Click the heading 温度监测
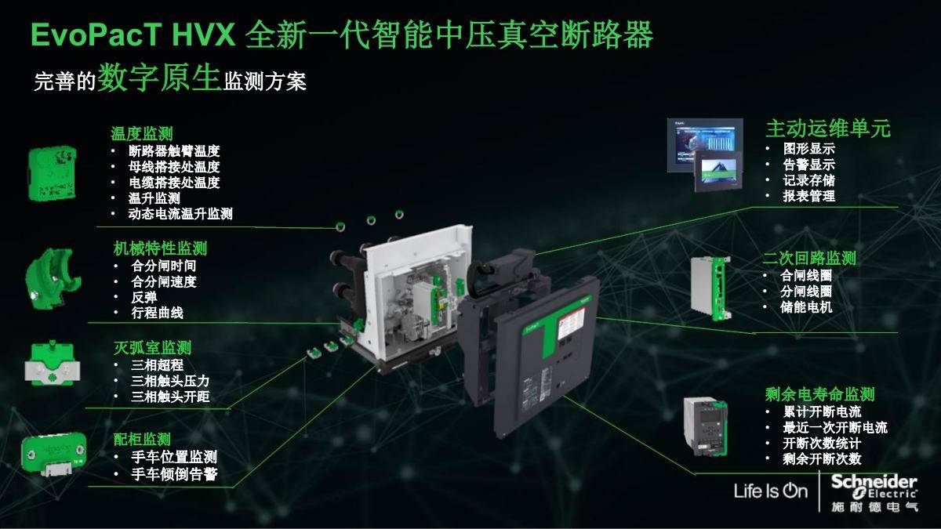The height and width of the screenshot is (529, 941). [x=141, y=133]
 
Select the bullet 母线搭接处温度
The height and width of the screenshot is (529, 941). [x=174, y=167]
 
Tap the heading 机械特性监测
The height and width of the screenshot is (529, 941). [x=160, y=248]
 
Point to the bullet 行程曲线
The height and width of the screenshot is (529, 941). [x=157, y=313]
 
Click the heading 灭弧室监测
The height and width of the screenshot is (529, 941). [x=152, y=347]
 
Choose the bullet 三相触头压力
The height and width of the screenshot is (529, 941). [x=170, y=381]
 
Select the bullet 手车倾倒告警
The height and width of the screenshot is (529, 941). [x=174, y=474]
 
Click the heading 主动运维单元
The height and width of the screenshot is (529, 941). [x=827, y=129]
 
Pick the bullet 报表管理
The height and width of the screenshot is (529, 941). [x=808, y=197]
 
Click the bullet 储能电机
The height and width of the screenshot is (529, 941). [x=806, y=307]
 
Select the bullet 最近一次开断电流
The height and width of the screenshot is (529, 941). [x=835, y=428]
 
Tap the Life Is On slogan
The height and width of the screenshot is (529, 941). [x=770, y=491]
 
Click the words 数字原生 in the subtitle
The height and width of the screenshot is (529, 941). [x=158, y=79]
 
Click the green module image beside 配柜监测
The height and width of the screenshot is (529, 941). [x=51, y=454]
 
